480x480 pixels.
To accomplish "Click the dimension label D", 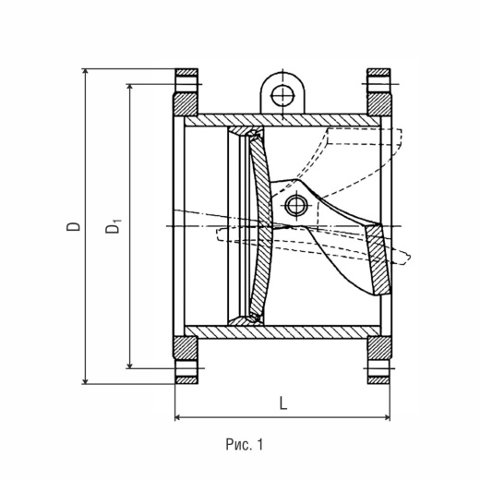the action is [x=74, y=226].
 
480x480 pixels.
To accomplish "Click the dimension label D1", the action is [x=113, y=226].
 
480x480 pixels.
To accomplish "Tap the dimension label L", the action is [x=283, y=403].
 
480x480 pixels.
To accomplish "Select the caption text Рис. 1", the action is [x=245, y=445].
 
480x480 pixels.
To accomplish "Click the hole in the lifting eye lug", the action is [x=282, y=96].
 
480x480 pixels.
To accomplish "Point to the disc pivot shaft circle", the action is [x=296, y=205].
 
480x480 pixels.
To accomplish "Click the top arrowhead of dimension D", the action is [x=86, y=72].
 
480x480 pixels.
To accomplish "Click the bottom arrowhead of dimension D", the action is [x=86, y=381].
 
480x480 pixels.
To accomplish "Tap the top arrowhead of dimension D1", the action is [x=130, y=88].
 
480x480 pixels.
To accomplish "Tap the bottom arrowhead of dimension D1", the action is [x=130, y=365].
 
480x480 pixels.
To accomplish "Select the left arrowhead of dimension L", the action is [x=178, y=417].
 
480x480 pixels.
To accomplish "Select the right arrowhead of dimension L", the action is [x=387, y=417].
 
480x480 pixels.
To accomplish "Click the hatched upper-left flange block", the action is [x=185, y=103].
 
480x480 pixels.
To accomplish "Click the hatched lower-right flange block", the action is [x=379, y=348].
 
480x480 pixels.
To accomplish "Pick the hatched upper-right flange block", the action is [x=379, y=103].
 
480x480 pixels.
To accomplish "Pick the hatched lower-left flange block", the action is [x=185, y=348].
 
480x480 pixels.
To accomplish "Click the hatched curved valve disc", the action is [x=261, y=224].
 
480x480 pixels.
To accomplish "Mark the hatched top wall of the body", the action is [x=283, y=121].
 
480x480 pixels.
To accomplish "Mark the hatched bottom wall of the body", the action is [x=283, y=331].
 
